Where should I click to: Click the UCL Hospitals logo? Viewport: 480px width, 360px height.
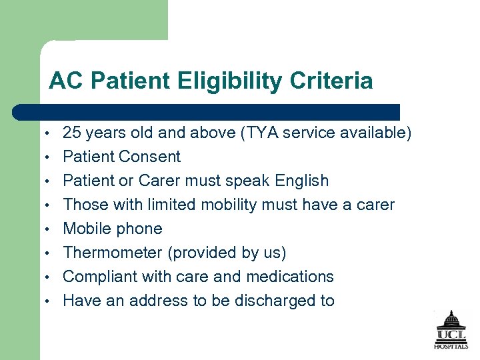pyautogui.click(x=451, y=330)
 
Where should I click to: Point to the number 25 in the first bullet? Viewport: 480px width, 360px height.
pyautogui.click(x=72, y=133)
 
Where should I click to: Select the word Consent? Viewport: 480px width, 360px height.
pyautogui.click(x=149, y=157)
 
